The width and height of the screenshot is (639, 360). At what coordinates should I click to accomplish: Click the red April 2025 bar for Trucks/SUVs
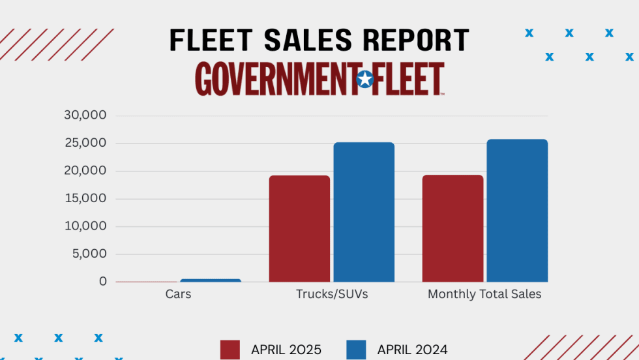tap(299, 228)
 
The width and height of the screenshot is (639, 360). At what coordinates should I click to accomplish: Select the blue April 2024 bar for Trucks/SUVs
tap(364, 212)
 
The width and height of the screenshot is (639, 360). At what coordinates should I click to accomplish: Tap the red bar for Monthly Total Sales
tap(453, 228)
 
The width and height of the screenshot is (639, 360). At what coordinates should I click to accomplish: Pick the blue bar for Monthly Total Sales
tap(517, 210)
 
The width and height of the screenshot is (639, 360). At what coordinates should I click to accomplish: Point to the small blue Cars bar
tap(211, 280)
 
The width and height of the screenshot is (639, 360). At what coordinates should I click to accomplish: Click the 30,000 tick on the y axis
tap(85, 115)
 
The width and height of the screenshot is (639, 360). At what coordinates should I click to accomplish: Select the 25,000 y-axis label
tap(85, 143)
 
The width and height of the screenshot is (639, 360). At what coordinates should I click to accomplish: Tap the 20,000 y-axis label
tap(85, 171)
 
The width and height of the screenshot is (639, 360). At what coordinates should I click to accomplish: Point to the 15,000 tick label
tap(85, 199)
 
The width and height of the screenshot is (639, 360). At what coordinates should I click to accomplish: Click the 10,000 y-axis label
tap(85, 226)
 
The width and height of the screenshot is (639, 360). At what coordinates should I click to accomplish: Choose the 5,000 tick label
tap(88, 254)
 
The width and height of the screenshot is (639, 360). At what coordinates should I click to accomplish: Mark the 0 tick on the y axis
tap(103, 282)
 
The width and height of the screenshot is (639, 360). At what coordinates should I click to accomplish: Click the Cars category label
tap(178, 294)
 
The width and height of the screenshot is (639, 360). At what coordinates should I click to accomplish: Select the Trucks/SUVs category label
tap(332, 294)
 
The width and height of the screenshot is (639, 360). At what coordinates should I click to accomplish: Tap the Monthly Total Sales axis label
tap(484, 294)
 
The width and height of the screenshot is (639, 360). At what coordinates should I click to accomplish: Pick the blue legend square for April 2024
tap(355, 350)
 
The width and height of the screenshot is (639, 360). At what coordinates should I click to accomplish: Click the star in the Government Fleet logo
tap(365, 80)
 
